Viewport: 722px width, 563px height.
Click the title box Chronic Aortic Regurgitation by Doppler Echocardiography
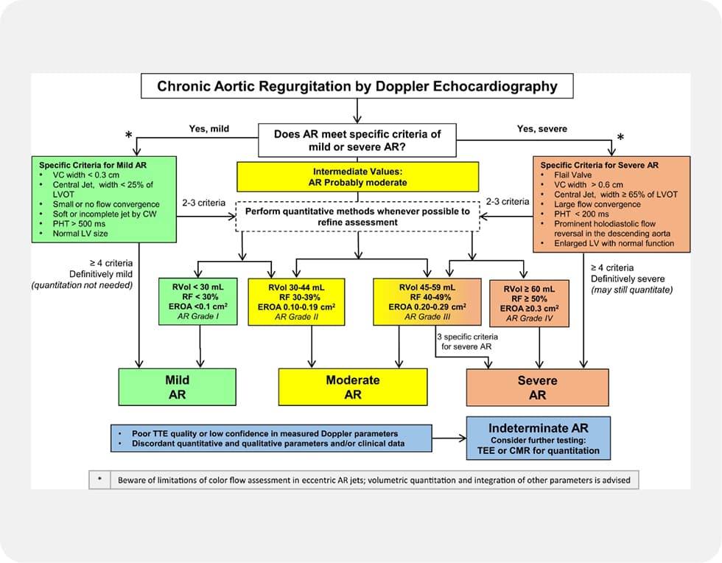click(357, 86)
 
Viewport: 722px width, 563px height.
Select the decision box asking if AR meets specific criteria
click(357, 140)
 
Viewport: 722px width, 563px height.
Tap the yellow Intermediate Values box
click(357, 175)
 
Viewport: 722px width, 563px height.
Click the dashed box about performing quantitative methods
click(357, 215)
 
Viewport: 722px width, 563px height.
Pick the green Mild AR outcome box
click(177, 387)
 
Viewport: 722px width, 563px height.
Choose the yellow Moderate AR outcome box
click(352, 387)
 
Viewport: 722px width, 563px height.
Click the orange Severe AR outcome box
click(537, 388)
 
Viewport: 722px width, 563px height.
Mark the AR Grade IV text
click(524, 319)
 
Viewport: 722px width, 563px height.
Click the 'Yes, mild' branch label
click(209, 129)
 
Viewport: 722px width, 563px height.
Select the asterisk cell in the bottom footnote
click(99, 480)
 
